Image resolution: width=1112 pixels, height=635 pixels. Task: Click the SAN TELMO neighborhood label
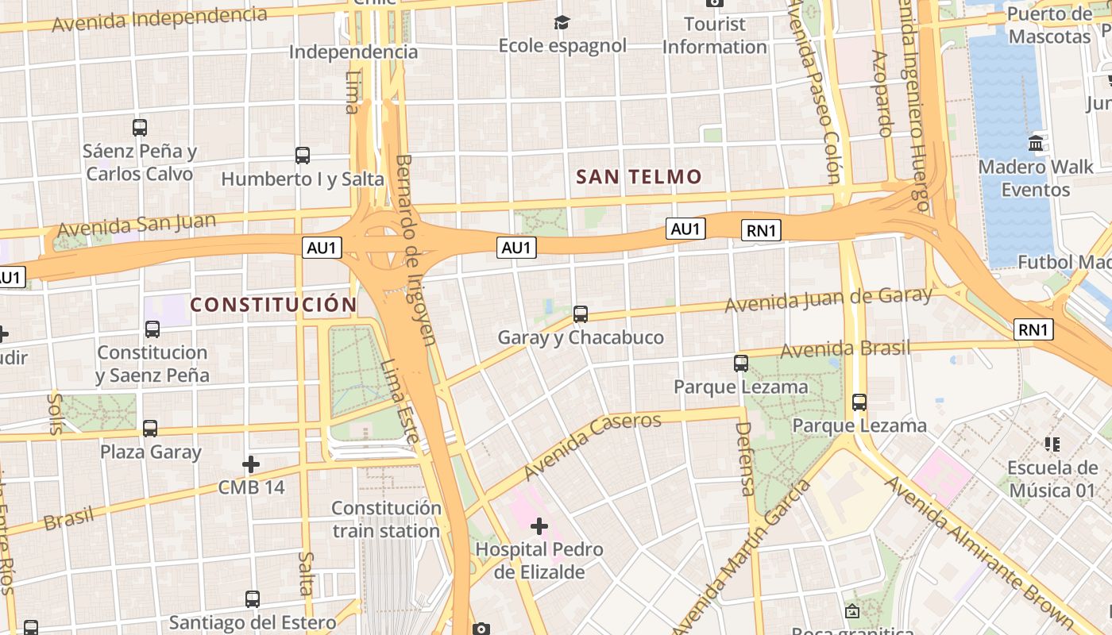tap(639, 177)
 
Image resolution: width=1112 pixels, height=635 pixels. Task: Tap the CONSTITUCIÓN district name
tap(273, 305)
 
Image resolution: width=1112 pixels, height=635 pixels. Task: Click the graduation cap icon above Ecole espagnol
tap(562, 22)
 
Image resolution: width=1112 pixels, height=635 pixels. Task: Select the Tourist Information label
tap(714, 36)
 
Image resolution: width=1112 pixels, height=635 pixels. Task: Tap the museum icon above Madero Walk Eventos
tap(1036, 144)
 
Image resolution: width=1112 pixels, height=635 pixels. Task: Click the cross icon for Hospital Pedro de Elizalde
tap(539, 526)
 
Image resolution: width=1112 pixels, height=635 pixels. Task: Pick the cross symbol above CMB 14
tap(251, 464)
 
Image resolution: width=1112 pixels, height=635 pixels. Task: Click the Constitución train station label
tap(386, 519)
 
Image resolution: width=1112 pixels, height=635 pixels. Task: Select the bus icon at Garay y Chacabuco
tap(581, 314)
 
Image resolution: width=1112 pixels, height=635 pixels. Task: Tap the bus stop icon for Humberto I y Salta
tap(302, 156)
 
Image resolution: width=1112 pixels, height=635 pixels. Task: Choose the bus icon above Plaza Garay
tap(150, 429)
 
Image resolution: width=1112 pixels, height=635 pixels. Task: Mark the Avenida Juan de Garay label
tap(828, 300)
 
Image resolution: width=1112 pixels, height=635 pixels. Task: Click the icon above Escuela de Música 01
tap(1052, 444)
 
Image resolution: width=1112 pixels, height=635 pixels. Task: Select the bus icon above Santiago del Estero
tap(252, 599)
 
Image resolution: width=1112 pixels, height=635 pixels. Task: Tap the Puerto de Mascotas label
tap(1049, 25)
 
